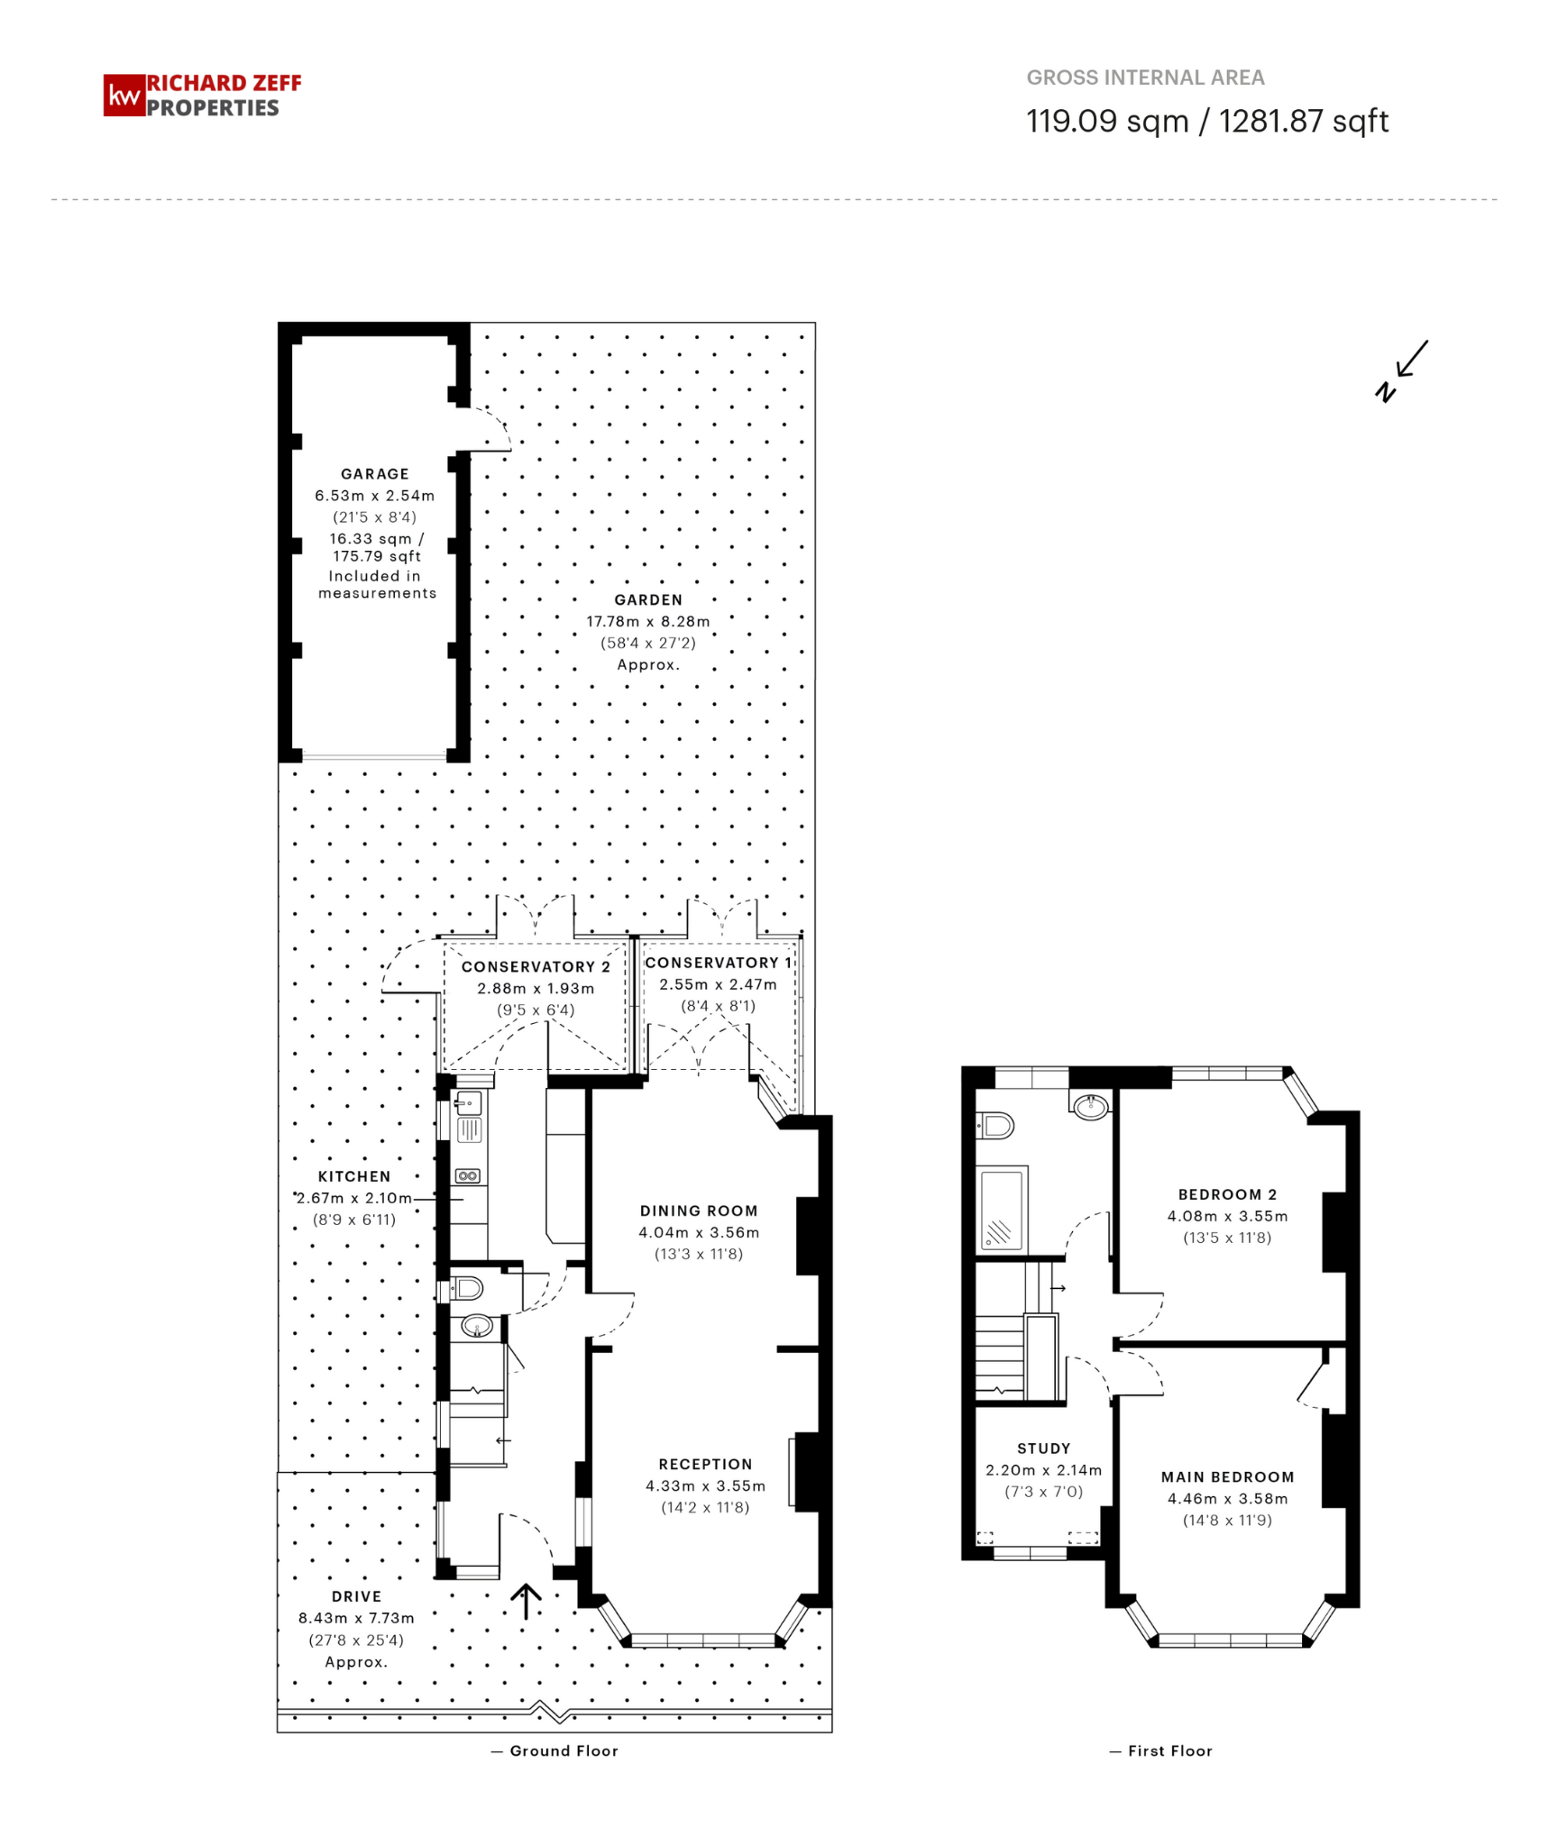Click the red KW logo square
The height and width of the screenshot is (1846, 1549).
(x=124, y=96)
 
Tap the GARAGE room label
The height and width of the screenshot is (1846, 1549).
(x=374, y=474)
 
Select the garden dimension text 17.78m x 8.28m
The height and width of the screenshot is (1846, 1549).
(x=647, y=622)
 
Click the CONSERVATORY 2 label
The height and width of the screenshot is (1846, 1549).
(x=536, y=967)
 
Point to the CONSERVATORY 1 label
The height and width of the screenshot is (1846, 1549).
(x=718, y=964)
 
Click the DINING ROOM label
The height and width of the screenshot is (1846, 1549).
(x=699, y=1211)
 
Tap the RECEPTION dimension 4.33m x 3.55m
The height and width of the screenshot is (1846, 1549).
(x=705, y=1486)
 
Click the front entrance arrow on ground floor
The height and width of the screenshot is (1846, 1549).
(x=526, y=1602)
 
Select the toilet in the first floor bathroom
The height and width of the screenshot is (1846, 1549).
(x=995, y=1126)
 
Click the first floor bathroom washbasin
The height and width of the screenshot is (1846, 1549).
(x=1091, y=1106)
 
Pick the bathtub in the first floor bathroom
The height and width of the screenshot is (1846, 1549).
(x=1002, y=1210)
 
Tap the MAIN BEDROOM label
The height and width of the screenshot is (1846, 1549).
(x=1227, y=1477)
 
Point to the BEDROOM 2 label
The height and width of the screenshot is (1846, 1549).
(x=1227, y=1195)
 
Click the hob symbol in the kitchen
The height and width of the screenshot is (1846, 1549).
(x=468, y=1176)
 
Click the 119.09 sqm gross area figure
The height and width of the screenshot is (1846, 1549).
(x=1107, y=121)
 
